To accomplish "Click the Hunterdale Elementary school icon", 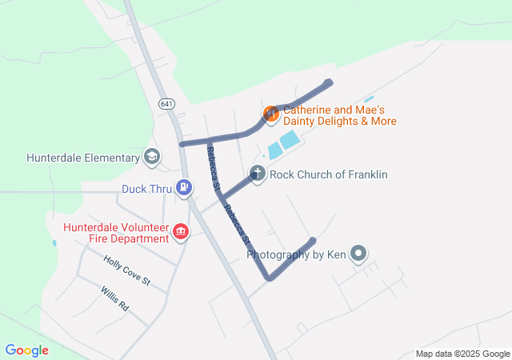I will point(151,157).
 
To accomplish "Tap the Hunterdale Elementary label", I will point(82,158).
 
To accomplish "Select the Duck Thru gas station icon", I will point(185,189).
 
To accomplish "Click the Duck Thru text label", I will point(146,190).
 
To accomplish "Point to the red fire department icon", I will point(181,232).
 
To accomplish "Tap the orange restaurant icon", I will point(270,114).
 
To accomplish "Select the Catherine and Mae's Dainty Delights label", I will point(340,115).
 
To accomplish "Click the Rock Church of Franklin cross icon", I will point(258,174).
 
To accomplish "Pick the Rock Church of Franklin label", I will point(329,174).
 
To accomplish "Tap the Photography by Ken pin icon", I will point(359,254).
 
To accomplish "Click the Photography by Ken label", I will point(297,255).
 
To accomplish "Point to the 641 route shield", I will point(166,104).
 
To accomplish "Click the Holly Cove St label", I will point(126,270).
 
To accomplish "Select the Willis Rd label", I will point(114,298).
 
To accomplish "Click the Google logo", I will point(26,350).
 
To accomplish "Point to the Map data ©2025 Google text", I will point(462,354).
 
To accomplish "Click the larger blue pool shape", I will point(290,140).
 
